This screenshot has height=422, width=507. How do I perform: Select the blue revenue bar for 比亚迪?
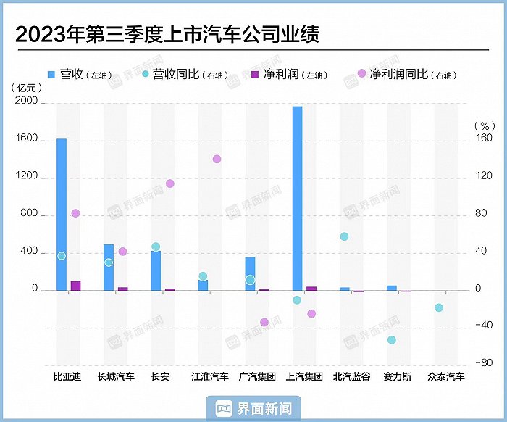point(62,214)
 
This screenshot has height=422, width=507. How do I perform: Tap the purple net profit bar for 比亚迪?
point(75,286)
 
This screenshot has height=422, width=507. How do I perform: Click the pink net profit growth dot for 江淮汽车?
point(217,159)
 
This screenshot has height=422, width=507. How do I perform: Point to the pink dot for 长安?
point(170,183)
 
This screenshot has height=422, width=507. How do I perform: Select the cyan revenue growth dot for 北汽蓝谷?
point(344,236)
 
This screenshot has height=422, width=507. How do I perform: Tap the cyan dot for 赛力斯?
point(392,339)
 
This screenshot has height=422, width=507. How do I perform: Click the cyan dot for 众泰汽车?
point(438,307)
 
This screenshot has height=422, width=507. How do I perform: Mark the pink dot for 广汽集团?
point(264,322)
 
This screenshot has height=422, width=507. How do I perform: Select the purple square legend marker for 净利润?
point(254,74)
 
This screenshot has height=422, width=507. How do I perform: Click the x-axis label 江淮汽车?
point(210,377)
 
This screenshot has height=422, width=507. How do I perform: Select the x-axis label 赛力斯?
point(397,377)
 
